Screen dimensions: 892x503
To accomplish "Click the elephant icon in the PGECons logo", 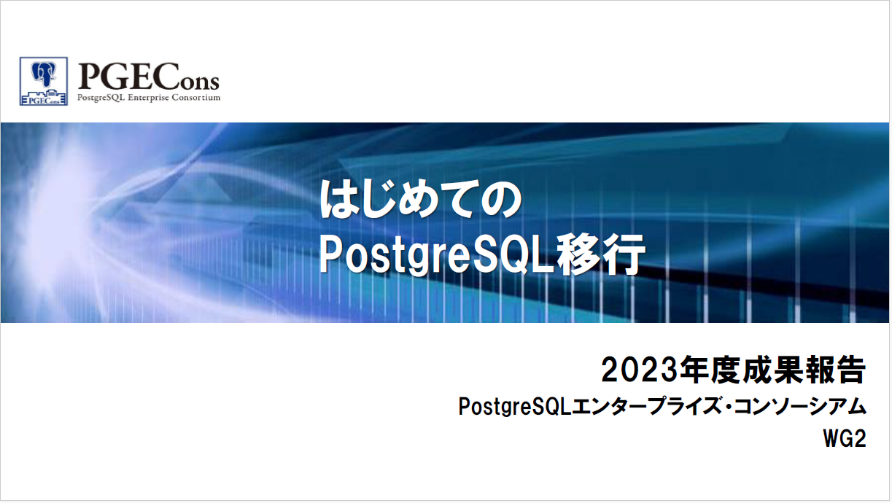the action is click(x=44, y=74).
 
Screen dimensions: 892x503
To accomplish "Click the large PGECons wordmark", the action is click(x=149, y=77).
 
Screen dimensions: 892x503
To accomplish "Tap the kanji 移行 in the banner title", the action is click(x=600, y=254).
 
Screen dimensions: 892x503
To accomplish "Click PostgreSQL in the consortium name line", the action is click(x=515, y=407).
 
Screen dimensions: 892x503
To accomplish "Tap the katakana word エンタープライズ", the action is click(x=648, y=407).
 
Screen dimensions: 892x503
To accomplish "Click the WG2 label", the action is click(x=845, y=440).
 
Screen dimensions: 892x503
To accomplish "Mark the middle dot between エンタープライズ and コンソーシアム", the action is click(x=729, y=407).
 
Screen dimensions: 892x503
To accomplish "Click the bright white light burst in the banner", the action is click(x=52, y=223).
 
